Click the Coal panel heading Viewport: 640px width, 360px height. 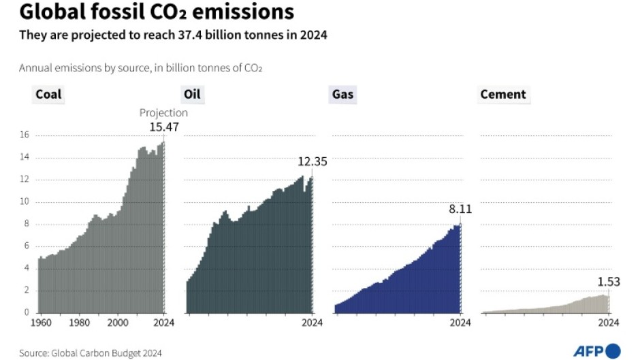click(48, 95)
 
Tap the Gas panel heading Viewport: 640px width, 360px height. click(342, 95)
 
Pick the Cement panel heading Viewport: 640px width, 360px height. click(503, 95)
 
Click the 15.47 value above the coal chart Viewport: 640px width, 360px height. click(163, 127)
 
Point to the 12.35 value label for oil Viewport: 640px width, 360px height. click(313, 162)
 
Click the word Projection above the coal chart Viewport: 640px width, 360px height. click(163, 113)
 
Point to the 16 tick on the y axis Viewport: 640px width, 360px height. click(24, 135)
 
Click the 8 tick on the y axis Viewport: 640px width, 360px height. click(26, 224)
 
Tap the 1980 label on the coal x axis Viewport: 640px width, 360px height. click(80, 323)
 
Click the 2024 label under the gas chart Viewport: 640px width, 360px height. click(460, 323)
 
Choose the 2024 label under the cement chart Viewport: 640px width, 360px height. click(609, 323)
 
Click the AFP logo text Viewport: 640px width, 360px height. click(590, 350)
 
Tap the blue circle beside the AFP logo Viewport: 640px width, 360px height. click(613, 350)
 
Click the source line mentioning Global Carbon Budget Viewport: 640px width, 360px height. click(91, 353)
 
